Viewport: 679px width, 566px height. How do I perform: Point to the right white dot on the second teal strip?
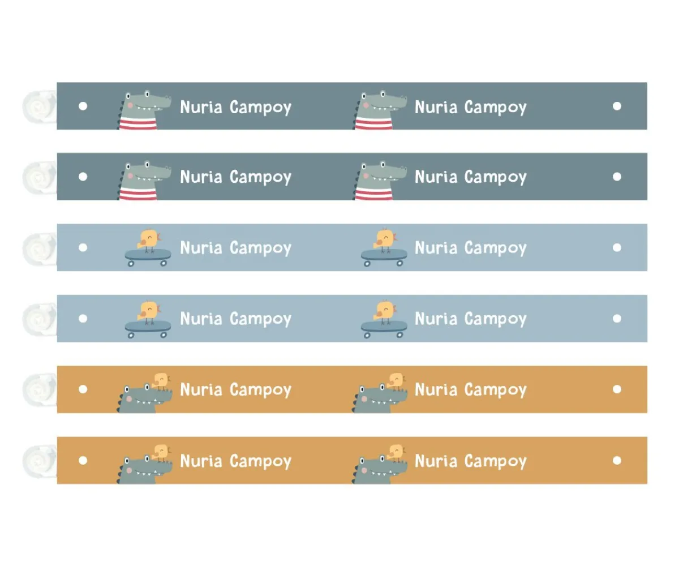click(617, 177)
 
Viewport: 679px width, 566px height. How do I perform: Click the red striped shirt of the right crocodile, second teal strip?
click(373, 194)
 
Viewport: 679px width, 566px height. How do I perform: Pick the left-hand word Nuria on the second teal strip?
click(201, 177)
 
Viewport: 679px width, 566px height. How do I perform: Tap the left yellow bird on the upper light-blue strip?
click(149, 239)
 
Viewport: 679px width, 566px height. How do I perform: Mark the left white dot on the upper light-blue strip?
click(83, 247)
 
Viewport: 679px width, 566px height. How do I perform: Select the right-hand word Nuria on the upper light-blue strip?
click(436, 247)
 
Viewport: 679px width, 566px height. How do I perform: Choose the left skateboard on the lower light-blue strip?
click(148, 327)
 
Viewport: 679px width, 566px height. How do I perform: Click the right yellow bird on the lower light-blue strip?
click(385, 310)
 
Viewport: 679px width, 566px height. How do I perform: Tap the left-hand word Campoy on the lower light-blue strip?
click(260, 319)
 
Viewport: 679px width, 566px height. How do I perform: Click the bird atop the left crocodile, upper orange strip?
click(162, 381)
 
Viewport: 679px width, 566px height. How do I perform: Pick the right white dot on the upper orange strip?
click(617, 389)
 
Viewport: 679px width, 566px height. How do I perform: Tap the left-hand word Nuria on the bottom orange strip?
click(201, 461)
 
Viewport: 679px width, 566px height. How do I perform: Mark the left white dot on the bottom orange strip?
click(83, 460)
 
